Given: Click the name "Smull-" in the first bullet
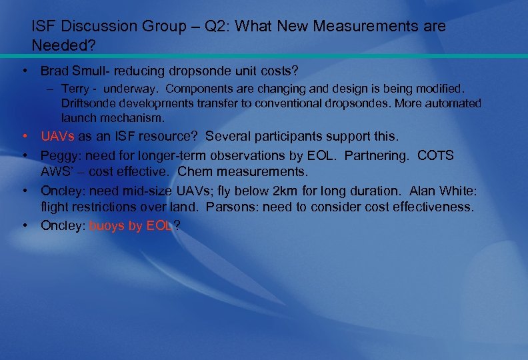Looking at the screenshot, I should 92,70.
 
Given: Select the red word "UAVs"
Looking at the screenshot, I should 58,137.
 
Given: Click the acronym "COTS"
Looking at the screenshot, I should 435,155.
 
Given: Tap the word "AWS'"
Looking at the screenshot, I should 56,171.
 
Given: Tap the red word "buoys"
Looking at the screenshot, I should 106,225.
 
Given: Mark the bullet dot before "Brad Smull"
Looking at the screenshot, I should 24,70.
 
